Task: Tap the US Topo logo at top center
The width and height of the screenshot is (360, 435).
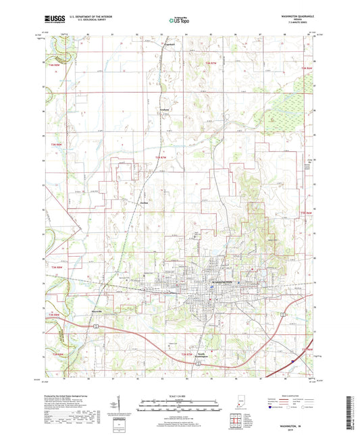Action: coord(179,21)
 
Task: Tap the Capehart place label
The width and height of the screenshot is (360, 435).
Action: coord(161,46)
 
